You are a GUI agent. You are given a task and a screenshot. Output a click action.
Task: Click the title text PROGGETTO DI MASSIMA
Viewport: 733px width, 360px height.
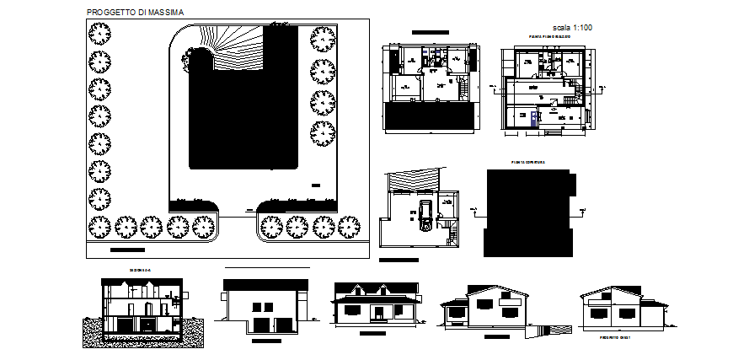coord(137,13)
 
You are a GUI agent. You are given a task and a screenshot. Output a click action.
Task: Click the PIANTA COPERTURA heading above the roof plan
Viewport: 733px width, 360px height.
coord(528,162)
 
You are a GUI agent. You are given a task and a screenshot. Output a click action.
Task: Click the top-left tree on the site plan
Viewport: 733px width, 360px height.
coord(100,34)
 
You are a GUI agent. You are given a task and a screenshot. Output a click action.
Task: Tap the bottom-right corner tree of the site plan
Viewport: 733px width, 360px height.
coord(348,226)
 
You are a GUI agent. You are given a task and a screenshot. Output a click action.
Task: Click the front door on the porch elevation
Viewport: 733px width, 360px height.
coord(379,314)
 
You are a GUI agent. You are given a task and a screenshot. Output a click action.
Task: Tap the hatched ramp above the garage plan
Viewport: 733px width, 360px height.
coord(414,181)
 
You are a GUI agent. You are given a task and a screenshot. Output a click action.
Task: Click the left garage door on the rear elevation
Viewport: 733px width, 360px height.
coord(259,325)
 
